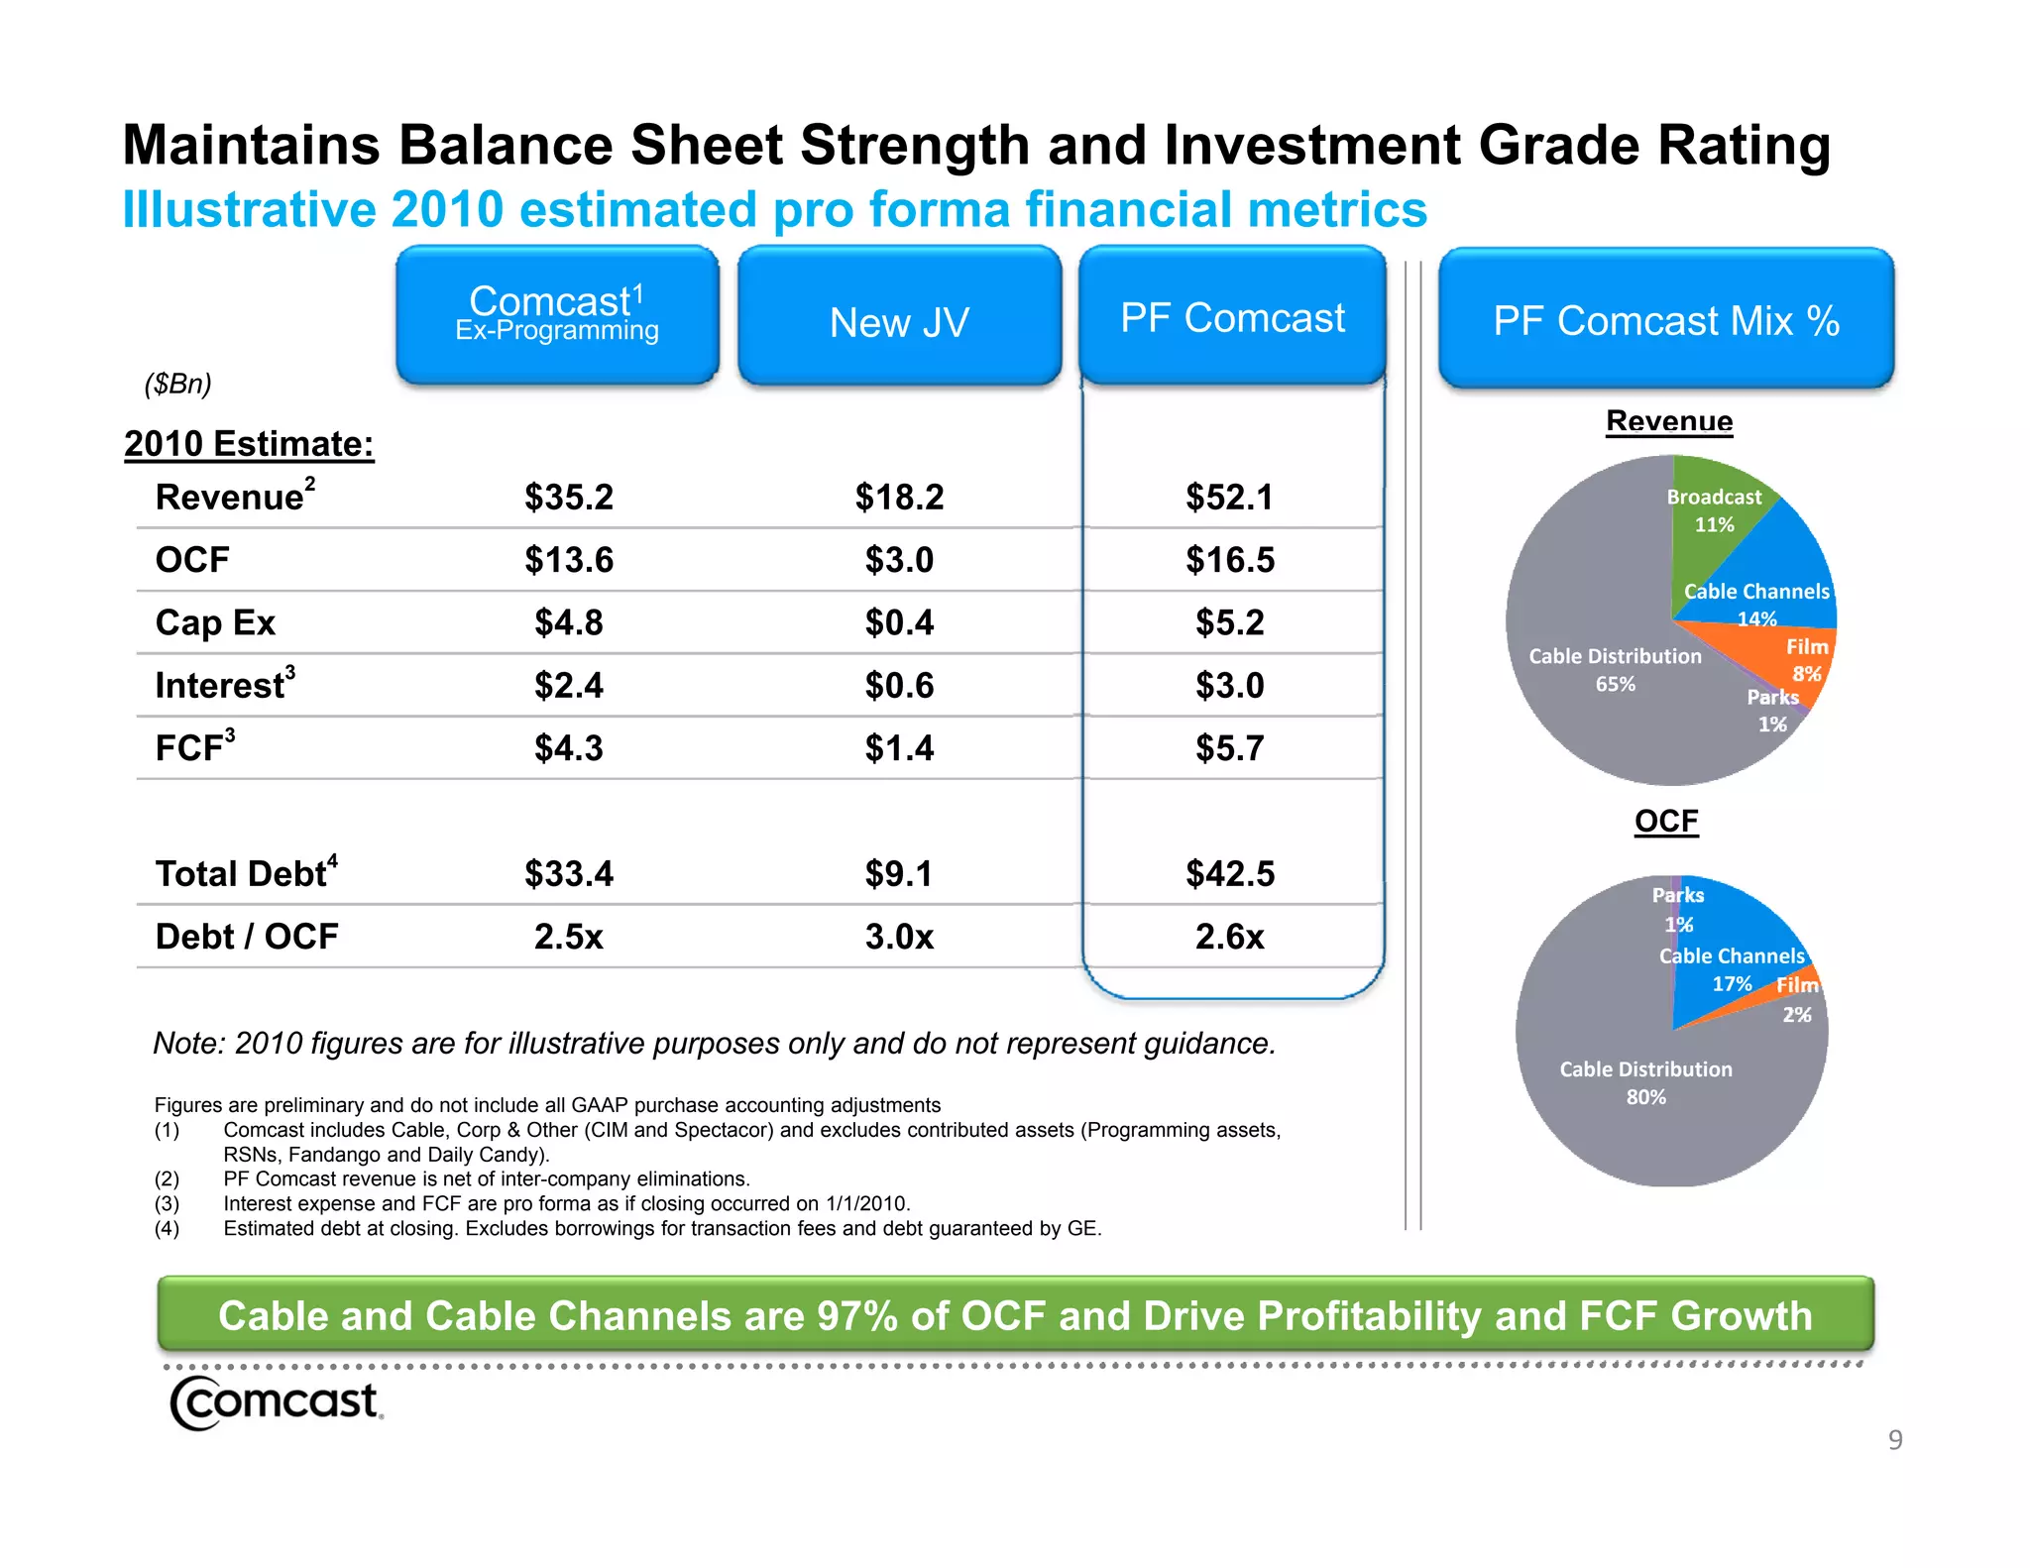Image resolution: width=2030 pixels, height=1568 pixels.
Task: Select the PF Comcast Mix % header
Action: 1666,319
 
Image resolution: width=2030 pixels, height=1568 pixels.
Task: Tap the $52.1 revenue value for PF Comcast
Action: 1229,497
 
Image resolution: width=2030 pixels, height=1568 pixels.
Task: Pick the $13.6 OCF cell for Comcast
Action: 569,560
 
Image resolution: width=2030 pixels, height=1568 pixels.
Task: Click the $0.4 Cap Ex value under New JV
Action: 899,622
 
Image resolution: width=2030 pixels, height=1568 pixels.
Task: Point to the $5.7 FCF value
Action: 1229,748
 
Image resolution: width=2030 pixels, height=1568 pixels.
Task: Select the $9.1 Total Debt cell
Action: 899,874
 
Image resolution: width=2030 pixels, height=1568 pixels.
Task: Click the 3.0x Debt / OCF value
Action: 899,937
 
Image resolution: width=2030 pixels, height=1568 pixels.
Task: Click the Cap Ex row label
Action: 215,622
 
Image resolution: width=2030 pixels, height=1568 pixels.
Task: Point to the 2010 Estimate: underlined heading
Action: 249,444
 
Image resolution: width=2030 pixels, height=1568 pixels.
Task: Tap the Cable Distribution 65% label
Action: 1615,670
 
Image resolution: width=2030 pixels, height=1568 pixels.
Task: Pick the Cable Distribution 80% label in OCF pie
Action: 1645,1082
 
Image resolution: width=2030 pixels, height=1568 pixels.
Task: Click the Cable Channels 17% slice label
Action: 1732,969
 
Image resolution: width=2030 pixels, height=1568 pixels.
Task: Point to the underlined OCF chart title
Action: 1666,821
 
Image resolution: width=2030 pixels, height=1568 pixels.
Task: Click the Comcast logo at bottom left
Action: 276,1401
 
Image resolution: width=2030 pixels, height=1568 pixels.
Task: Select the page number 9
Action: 1894,1439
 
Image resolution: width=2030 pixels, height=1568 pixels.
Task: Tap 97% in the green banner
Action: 856,1315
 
